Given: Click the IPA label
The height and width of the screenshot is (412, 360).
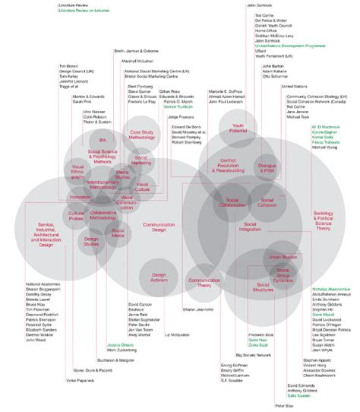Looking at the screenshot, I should click(102, 140).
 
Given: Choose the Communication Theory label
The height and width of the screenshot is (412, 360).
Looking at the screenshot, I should click(198, 282).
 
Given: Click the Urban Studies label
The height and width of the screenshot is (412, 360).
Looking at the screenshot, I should click(283, 258).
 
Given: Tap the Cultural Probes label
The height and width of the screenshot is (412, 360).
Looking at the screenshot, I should click(76, 216).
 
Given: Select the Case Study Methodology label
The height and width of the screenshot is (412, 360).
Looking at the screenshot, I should click(142, 135).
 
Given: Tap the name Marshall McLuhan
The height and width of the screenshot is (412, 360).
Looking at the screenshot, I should click(137, 60).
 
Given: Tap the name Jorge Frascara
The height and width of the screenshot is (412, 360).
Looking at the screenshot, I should click(181, 117).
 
